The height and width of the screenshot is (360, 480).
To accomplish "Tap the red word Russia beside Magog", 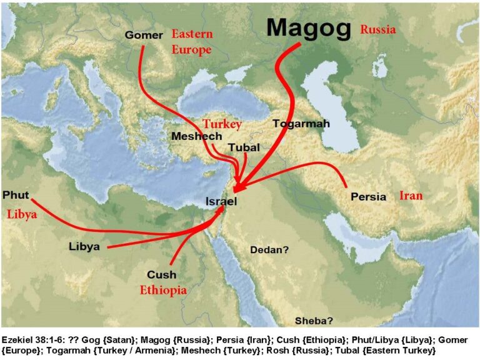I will point(378,29).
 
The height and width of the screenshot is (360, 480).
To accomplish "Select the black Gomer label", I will point(144,35).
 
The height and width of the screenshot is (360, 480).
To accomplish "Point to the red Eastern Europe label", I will point(192,41).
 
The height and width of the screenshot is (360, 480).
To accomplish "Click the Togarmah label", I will point(301,124).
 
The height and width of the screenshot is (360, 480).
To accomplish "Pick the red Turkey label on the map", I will point(222,124).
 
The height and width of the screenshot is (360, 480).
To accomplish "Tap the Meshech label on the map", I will point(194,136).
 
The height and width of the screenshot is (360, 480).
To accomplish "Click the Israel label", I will point(222,201).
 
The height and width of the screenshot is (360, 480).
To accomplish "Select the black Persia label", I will point(368,196).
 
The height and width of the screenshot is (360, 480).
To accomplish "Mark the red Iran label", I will point(411,196).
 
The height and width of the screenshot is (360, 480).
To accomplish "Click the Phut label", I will point(16,195).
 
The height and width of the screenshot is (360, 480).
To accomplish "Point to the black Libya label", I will point(84,246).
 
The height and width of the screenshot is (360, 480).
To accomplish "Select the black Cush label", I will point(161,274).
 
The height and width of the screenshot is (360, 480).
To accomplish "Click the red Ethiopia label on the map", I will point(163,290).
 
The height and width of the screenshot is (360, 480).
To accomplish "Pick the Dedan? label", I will point(269,250).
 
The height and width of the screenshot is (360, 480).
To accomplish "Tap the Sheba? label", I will point(314,321).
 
